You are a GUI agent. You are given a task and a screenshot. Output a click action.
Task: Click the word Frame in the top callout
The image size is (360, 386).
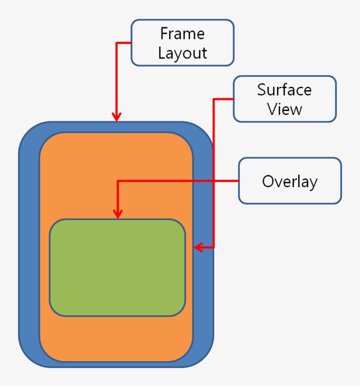182,34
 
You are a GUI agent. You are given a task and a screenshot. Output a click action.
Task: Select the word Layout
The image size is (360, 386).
182,53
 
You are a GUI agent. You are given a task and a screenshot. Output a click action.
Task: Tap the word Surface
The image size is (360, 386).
284,89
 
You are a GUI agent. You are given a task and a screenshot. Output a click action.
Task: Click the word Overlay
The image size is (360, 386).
289,181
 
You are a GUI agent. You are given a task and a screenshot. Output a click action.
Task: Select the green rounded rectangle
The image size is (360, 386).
117,268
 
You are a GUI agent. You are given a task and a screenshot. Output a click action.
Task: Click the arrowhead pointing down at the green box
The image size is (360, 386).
117,214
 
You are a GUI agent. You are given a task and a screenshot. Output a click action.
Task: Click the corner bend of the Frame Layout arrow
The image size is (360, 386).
116,43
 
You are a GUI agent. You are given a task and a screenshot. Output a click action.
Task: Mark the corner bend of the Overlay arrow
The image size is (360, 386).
117,181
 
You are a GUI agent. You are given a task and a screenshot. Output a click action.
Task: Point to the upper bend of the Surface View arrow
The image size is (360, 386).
214,99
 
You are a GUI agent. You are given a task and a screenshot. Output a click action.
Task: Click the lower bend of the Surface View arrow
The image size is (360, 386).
214,247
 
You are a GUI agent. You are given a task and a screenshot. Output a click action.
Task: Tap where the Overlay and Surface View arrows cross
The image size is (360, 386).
214,181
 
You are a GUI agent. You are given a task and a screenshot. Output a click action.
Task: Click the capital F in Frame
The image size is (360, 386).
164,34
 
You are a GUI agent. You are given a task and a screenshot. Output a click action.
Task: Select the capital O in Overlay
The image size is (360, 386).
268,181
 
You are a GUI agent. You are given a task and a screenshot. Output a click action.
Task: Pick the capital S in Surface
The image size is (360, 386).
262,89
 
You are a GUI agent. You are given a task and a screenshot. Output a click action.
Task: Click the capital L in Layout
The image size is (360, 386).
162,53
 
